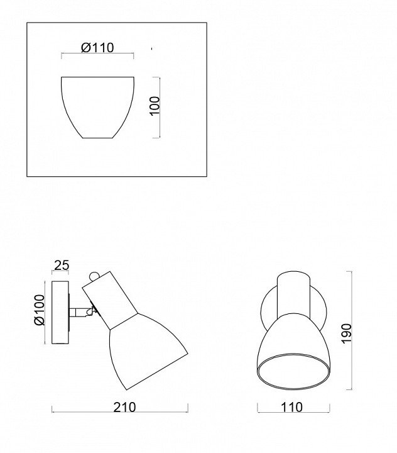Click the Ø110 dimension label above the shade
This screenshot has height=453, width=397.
point(97,48)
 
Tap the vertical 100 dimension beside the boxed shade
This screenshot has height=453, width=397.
point(155,106)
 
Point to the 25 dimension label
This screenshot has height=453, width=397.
point(62,265)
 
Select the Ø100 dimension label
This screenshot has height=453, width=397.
point(40,310)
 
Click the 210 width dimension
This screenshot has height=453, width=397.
point(124,407)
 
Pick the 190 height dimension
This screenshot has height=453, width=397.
point(347,333)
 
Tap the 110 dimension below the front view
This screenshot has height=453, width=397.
point(291,407)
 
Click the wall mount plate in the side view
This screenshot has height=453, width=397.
point(60,312)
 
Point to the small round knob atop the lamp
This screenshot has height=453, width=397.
point(94,276)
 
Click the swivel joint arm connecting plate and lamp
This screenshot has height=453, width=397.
point(81,312)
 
